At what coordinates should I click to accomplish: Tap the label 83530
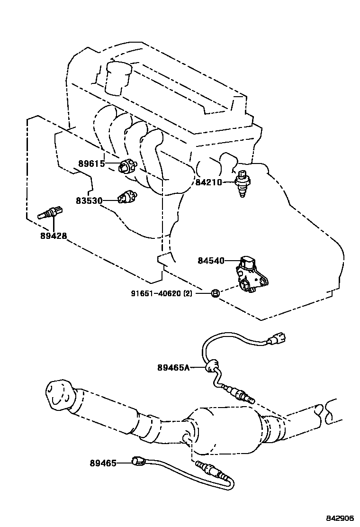click(89, 200)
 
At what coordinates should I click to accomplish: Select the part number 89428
click(53, 236)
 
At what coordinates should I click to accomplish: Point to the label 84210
click(208, 182)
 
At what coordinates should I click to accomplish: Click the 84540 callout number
click(211, 260)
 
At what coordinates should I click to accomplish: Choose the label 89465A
click(173, 367)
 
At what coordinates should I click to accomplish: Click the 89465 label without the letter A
click(103, 463)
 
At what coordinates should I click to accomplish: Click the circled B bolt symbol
click(215, 293)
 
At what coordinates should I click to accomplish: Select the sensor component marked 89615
click(127, 166)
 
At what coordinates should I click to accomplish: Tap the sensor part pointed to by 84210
click(242, 182)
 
